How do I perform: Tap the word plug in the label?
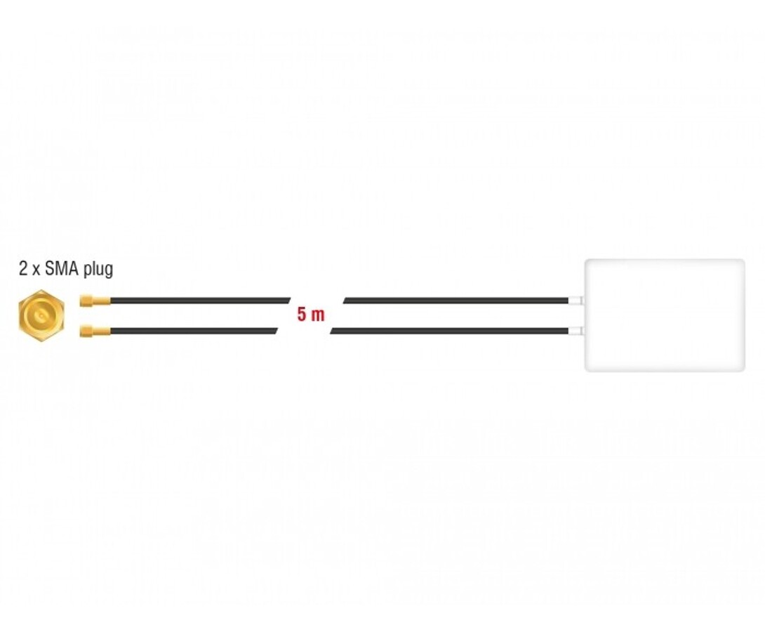pos(98,270)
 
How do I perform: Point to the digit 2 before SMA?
pos(23,268)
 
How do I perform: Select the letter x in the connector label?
pos(36,270)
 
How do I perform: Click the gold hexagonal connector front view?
pos(41,316)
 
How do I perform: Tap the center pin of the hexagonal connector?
pos(41,316)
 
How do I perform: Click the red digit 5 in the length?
pos(302,315)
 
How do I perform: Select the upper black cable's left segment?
pos(201,301)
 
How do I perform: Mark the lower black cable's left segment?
pos(194,331)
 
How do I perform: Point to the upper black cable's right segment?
pos(456,301)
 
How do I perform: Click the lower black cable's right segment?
pos(449,331)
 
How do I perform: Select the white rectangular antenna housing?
pos(665,315)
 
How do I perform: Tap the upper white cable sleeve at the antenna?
pos(576,301)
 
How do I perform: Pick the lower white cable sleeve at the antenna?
pos(576,331)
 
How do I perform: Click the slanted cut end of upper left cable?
pos(289,301)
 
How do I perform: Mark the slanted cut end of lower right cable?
pos(332,331)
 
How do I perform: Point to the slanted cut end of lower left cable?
pos(276,331)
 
